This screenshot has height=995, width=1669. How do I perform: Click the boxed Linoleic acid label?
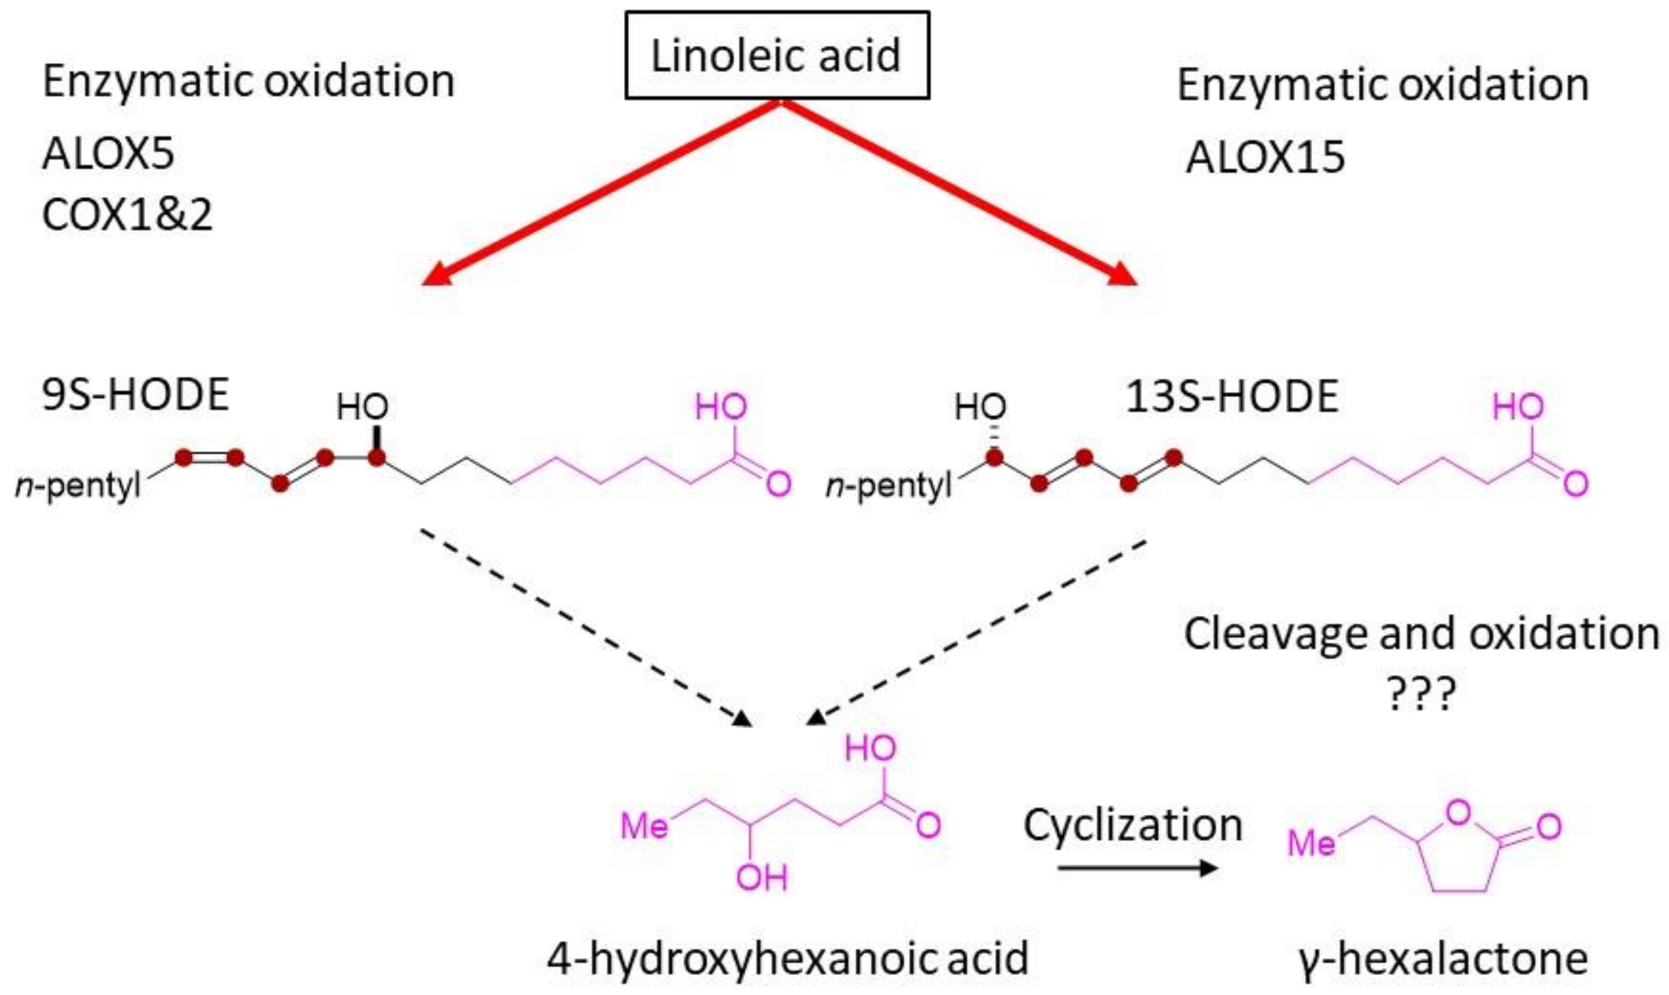(777, 56)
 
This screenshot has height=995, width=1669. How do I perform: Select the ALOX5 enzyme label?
(108, 154)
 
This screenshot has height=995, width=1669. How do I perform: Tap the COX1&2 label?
(127, 215)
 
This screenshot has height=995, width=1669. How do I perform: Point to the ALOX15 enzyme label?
(1265, 158)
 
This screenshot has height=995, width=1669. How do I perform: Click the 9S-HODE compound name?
(135, 395)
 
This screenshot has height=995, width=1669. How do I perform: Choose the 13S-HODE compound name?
(1232, 396)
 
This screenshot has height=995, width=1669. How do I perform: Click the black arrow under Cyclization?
(1137, 868)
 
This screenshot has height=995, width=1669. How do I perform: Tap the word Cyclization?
(1133, 825)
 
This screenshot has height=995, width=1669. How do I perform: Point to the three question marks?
(1421, 695)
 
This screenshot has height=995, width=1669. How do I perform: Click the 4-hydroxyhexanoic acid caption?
(788, 959)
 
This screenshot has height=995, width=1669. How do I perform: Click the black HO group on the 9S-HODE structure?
(362, 407)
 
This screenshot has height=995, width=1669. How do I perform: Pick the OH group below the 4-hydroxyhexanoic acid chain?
(762, 878)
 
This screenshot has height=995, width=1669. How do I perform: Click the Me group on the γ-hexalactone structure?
(1312, 843)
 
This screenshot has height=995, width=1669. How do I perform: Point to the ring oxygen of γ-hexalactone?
(1458, 813)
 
